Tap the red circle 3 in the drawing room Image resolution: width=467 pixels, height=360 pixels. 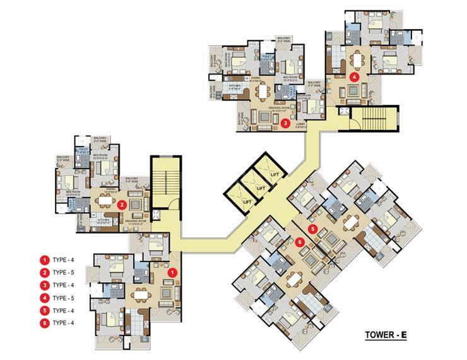286,124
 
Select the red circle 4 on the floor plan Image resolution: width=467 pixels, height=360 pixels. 355,76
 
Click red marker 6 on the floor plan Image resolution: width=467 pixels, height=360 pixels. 300,240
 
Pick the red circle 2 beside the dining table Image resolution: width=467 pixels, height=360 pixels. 122,203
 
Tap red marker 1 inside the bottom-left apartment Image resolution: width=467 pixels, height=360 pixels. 174,272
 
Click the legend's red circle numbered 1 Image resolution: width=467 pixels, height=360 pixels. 45,260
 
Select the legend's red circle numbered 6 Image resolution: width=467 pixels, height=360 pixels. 45,323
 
